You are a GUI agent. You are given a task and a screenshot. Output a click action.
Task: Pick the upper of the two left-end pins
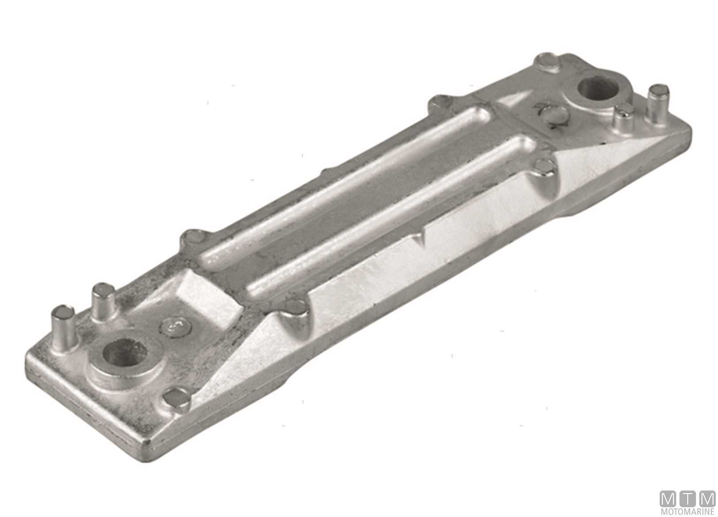103,299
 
